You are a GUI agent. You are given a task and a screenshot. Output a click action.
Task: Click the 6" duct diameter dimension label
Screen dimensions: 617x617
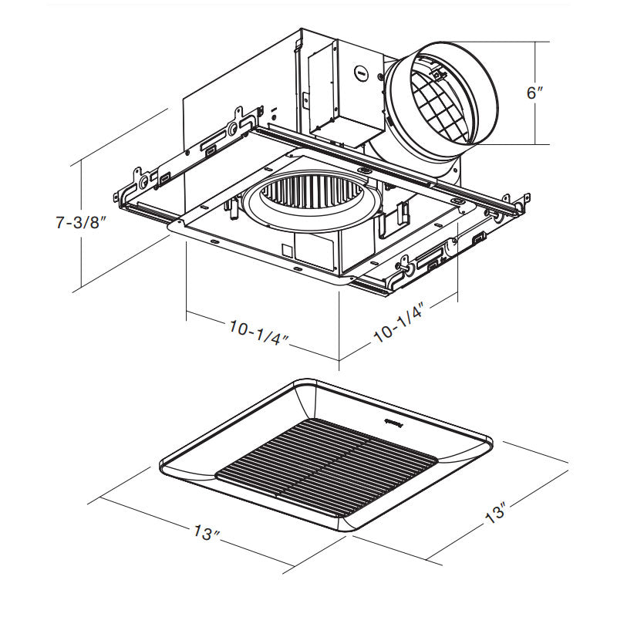tap(534, 93)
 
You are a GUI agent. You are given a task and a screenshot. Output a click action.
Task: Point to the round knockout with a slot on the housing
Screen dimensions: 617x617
tap(359, 72)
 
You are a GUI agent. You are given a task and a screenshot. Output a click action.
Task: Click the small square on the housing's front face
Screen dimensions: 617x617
tap(286, 250)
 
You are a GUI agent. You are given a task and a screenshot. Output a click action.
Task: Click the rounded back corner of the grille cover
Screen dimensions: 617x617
tap(308, 383)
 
